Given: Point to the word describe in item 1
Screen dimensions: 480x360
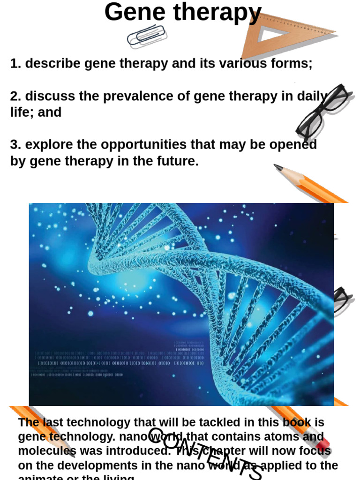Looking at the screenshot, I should [53, 63].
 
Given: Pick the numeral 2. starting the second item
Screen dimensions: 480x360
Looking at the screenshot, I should [16, 96].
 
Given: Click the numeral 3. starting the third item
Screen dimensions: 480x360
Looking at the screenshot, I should [16, 144].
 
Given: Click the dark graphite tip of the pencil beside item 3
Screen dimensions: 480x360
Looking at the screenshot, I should [277, 167].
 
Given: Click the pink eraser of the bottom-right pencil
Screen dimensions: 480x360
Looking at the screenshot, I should [323, 442].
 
